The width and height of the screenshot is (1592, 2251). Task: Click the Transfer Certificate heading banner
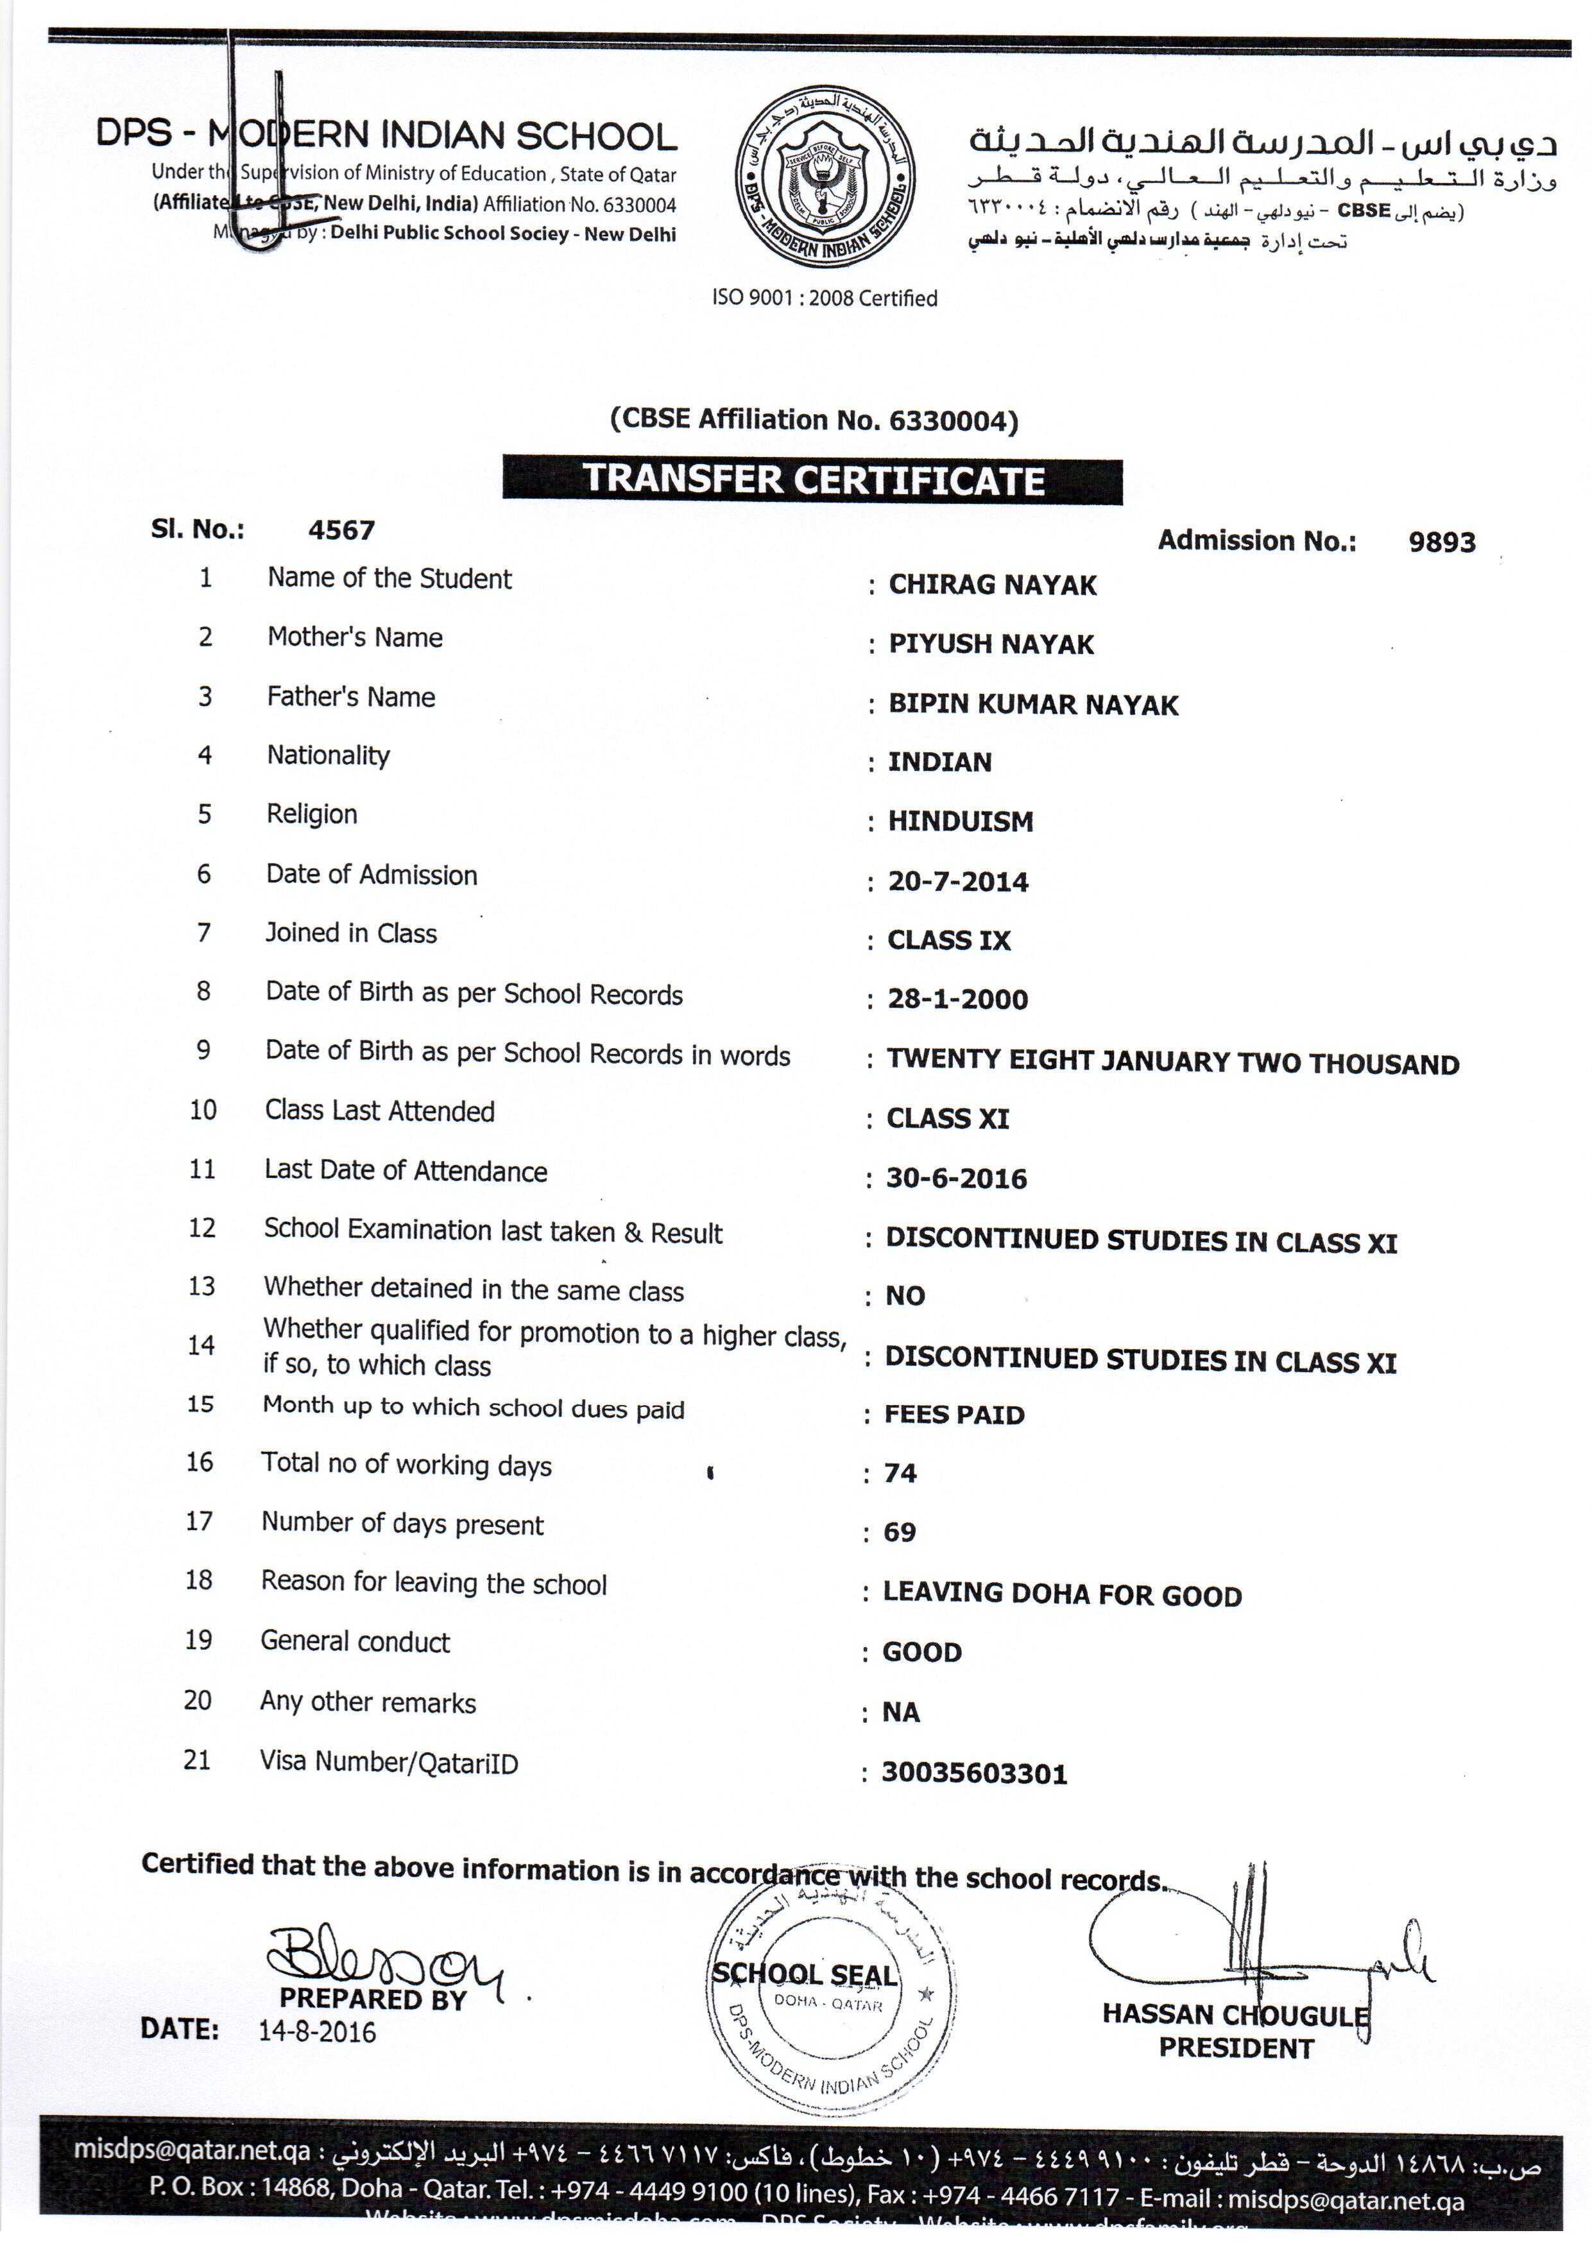[812, 479]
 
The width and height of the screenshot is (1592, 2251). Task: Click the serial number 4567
[341, 530]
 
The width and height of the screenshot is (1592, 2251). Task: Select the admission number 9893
[1441, 542]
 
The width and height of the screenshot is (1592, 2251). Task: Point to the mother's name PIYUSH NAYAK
[990, 644]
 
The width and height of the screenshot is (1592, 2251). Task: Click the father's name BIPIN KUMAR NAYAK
[1032, 704]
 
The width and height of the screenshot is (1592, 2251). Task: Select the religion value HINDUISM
[960, 822]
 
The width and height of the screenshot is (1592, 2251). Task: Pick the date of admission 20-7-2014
[958, 881]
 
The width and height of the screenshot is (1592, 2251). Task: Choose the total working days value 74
[900, 1472]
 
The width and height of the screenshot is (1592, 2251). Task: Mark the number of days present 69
[899, 1531]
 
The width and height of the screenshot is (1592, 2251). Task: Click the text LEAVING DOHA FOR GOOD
[1062, 1595]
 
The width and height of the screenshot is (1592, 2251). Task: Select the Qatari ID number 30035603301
[973, 1773]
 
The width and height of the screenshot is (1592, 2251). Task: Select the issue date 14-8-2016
[316, 2031]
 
